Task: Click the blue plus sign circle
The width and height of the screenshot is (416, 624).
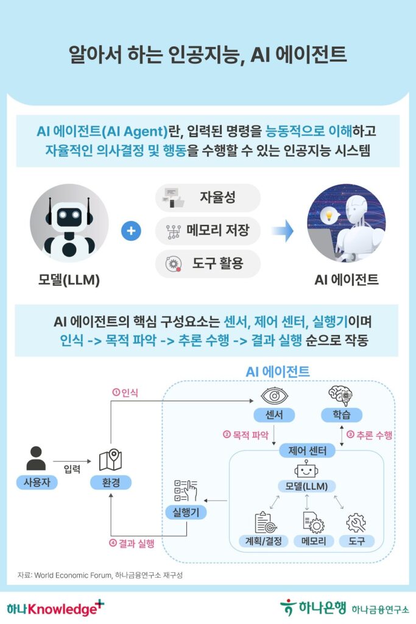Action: point(131,232)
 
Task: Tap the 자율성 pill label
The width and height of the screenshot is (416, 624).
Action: point(208,197)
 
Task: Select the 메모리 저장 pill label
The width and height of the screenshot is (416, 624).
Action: point(208,231)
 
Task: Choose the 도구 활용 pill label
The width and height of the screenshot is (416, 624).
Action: point(208,263)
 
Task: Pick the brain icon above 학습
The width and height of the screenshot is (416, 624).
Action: point(340,395)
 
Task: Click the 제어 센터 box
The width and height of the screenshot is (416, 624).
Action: point(307,452)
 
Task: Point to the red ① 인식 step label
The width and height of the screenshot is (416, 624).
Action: point(125,393)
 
